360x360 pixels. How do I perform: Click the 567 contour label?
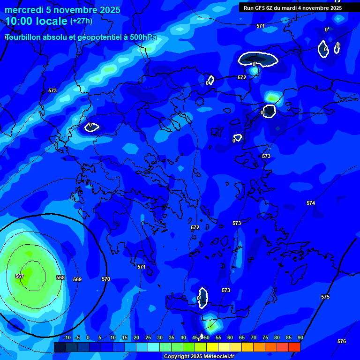pyautogui.click(x=20, y=276)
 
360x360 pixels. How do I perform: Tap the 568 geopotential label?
pyautogui.click(x=60, y=277)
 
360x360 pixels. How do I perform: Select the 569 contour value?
pyautogui.click(x=77, y=279)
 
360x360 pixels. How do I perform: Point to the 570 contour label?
pyautogui.click(x=106, y=279)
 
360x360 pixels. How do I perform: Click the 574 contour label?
pyautogui.click(x=311, y=203)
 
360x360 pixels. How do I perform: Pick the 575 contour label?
pyautogui.click(x=325, y=297)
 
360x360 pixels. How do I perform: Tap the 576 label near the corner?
pyautogui.click(x=342, y=341)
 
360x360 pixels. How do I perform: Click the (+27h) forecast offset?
pyautogui.click(x=81, y=21)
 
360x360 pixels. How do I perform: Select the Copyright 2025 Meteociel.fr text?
pyautogui.click(x=199, y=356)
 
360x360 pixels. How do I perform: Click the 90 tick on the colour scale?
pyautogui.click(x=300, y=337)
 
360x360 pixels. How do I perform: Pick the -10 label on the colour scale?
pyautogui.click(x=67, y=337)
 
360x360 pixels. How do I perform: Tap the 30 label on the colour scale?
pyautogui.click(x=160, y=337)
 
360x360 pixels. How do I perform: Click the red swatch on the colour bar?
pyautogui.click(x=294, y=347)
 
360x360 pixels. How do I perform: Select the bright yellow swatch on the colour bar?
pyautogui.click(x=212, y=347)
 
